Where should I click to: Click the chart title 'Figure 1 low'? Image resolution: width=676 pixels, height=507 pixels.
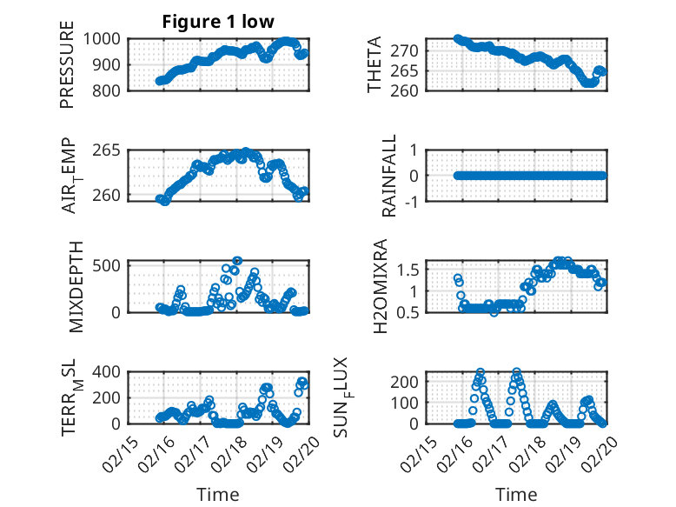pos(218,22)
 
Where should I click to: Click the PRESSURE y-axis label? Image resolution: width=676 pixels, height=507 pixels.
pos(67,64)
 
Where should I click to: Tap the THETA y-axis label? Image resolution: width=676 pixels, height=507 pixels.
pos(374,64)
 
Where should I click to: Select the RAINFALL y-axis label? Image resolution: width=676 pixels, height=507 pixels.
pos(390,175)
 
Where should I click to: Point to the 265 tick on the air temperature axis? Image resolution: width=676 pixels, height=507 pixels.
pos(112,150)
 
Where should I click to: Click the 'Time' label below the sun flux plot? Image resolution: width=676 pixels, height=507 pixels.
pos(516,494)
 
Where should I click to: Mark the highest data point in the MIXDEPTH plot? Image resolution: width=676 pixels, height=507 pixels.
pos(237,260)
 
